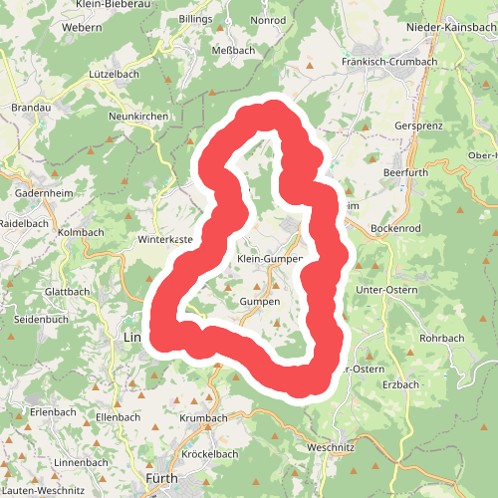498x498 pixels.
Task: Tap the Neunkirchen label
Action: coord(139,117)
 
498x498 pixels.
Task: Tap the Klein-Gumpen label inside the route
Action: coord(268,259)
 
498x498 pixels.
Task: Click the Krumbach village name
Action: coord(203,418)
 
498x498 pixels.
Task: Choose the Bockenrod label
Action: coord(395,228)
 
